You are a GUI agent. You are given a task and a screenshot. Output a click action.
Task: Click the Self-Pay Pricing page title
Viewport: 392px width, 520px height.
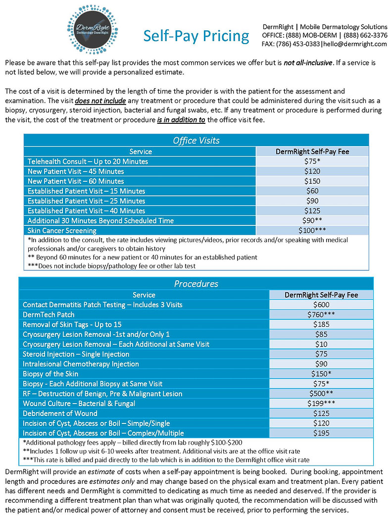tap(196, 36)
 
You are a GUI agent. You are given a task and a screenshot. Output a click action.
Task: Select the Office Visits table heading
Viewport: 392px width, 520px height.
tap(196, 140)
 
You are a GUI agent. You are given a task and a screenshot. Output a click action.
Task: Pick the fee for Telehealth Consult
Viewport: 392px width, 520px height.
tap(312, 161)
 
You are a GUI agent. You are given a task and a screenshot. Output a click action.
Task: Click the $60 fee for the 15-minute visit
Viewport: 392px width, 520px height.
tap(312, 191)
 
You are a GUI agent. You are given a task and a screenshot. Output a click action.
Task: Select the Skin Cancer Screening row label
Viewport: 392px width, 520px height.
tap(62, 230)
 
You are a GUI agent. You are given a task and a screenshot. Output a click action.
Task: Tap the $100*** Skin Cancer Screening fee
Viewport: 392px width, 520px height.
tap(312, 230)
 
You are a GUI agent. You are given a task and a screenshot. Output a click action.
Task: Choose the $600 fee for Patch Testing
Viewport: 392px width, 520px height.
tap(321, 305)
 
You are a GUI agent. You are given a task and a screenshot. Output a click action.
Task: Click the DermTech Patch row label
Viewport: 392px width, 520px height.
tap(49, 315)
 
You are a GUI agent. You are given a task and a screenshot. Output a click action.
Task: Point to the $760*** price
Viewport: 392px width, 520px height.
tap(321, 315)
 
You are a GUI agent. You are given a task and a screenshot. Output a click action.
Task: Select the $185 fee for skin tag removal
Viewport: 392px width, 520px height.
tap(321, 324)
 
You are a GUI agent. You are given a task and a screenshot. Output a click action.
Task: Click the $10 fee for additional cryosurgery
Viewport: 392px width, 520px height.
tap(321, 344)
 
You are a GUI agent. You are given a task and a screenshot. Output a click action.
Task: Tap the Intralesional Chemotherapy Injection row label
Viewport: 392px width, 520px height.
tap(81, 364)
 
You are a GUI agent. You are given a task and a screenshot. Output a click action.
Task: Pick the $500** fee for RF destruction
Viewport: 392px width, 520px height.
tap(321, 394)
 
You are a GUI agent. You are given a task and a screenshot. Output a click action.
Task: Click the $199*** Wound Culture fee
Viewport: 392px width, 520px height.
tap(321, 404)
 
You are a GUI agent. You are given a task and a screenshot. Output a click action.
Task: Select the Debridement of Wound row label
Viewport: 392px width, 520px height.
tap(60, 414)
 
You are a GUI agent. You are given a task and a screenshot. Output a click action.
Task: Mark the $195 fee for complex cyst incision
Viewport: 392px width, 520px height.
tap(321, 433)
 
